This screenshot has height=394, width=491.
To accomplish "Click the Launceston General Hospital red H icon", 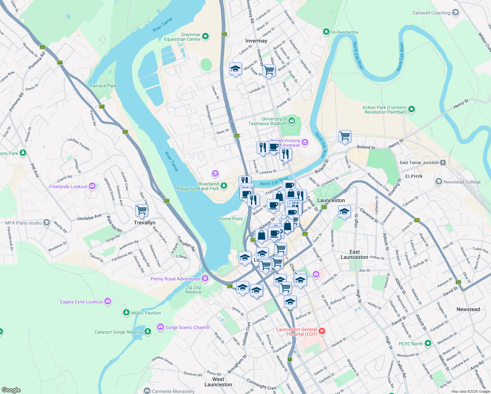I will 322,331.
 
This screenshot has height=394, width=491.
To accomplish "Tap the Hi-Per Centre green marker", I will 326,32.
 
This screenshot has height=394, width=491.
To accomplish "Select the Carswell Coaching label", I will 431,13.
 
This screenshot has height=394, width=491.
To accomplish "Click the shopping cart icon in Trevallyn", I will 141,210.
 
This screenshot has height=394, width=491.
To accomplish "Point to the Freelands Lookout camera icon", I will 92,186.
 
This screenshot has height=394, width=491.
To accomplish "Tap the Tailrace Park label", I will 103,86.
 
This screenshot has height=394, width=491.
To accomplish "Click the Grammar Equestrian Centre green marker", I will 205,36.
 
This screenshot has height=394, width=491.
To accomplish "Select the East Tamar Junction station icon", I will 443,163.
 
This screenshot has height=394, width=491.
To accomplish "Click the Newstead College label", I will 462,182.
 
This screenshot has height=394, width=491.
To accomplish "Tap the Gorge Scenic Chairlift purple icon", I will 160,327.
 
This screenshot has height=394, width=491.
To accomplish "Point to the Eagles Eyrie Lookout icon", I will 108,301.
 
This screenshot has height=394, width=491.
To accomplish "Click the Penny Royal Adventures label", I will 175,279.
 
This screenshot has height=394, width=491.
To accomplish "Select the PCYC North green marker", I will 428,343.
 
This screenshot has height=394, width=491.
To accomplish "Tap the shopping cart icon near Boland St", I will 345,136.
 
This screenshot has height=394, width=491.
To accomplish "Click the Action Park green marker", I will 412,109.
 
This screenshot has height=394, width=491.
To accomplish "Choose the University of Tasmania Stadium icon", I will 291,121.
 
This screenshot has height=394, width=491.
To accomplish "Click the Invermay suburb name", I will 256,41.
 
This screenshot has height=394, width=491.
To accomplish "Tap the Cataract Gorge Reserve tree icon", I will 148,332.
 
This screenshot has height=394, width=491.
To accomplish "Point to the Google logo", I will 11,390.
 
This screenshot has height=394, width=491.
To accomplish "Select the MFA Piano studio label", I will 23,223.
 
